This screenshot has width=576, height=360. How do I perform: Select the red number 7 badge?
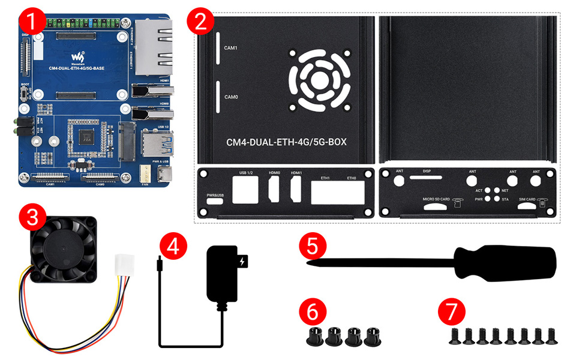pyautogui.click(x=451, y=313)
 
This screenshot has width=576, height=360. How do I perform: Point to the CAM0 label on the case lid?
pyautogui.click(x=232, y=97)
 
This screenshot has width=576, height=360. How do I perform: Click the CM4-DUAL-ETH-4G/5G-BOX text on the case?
pyautogui.click(x=287, y=142)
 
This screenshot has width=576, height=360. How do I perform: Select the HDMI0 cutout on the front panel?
pyautogui.click(x=275, y=190)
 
